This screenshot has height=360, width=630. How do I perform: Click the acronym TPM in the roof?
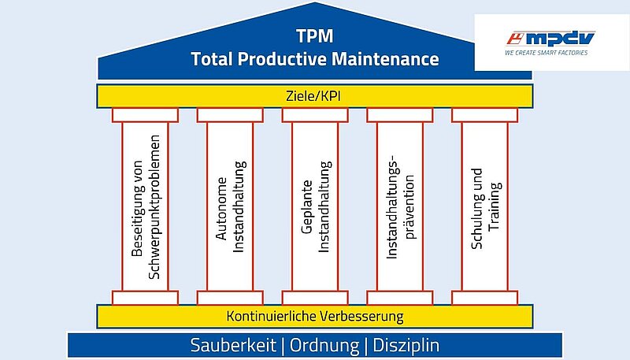[x=315, y=35]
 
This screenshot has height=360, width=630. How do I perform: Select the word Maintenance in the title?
[x=385, y=59]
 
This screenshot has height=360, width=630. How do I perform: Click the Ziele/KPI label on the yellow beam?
[x=313, y=96]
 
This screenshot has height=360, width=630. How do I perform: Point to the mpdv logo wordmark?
[x=550, y=39]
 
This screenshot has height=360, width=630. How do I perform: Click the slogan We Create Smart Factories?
[x=547, y=53]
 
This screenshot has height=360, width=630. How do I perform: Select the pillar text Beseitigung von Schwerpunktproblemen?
[x=146, y=207]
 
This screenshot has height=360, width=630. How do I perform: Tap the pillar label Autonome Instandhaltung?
[x=230, y=207]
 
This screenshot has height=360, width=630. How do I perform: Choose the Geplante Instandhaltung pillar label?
[x=316, y=207]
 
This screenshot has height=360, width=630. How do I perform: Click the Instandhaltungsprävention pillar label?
[x=400, y=206]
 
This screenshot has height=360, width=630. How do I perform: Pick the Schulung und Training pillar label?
[x=485, y=209]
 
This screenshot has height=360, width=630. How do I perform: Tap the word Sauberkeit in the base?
[x=233, y=345]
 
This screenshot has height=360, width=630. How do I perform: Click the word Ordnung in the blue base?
[x=324, y=346]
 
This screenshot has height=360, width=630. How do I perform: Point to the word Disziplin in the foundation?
[x=406, y=346]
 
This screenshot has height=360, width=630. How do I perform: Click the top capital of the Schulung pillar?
[x=484, y=115]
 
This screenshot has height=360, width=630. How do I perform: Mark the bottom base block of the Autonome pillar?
[x=230, y=298]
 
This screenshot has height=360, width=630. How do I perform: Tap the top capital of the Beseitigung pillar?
[x=145, y=115]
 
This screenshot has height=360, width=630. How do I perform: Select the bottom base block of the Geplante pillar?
[x=315, y=298]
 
